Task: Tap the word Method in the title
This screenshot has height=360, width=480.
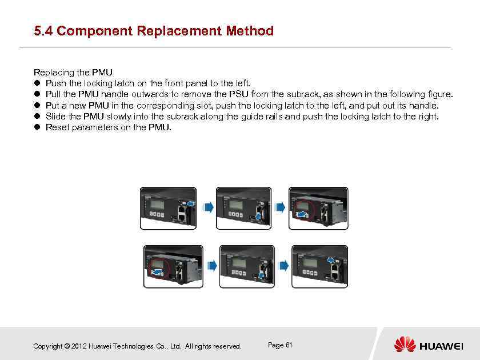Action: pos(250,31)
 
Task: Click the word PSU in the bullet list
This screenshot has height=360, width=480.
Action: pos(238,94)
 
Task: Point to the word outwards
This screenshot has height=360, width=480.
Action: pos(149,94)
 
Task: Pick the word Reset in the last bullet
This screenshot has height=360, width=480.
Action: pos(57,127)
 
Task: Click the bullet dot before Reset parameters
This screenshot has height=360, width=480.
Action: pos(38,127)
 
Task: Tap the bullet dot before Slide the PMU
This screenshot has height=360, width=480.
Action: pos(38,117)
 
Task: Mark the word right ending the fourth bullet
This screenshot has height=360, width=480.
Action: pos(428,117)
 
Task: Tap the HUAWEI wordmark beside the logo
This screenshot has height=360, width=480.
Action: pos(441,346)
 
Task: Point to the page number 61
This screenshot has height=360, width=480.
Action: pos(289,345)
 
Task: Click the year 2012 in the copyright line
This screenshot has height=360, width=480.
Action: pos(79,346)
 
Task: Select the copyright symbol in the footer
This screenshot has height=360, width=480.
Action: pos(67,346)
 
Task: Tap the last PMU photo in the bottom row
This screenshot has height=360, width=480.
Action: pos(319,266)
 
